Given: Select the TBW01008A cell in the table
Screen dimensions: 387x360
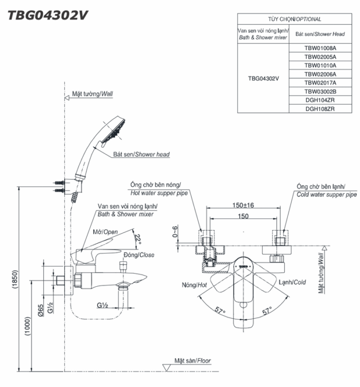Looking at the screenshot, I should tap(320, 48).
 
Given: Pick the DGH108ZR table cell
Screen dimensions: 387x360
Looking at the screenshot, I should tap(320, 108).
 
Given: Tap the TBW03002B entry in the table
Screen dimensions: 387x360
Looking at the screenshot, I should tap(320, 91).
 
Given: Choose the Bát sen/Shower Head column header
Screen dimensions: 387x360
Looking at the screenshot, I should tap(320, 34).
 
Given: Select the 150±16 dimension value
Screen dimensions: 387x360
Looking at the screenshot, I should tap(243, 205).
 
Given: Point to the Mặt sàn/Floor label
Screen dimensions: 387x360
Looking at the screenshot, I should tap(193, 361).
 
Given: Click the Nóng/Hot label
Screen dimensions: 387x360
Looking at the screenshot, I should tap(194, 284).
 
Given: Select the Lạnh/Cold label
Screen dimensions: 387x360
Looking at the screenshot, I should tap(292, 282).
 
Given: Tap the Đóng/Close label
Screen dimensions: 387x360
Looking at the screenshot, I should tap(139, 255).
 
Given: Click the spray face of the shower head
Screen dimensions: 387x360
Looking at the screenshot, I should tap(114, 131).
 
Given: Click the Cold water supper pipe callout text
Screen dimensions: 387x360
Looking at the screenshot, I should tap(327, 195).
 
